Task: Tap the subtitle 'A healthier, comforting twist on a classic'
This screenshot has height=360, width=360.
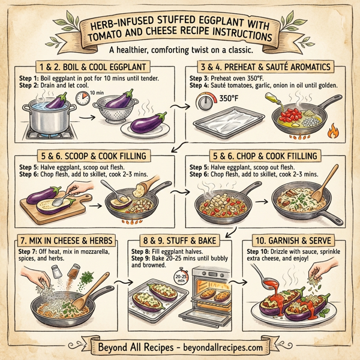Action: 179,51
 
